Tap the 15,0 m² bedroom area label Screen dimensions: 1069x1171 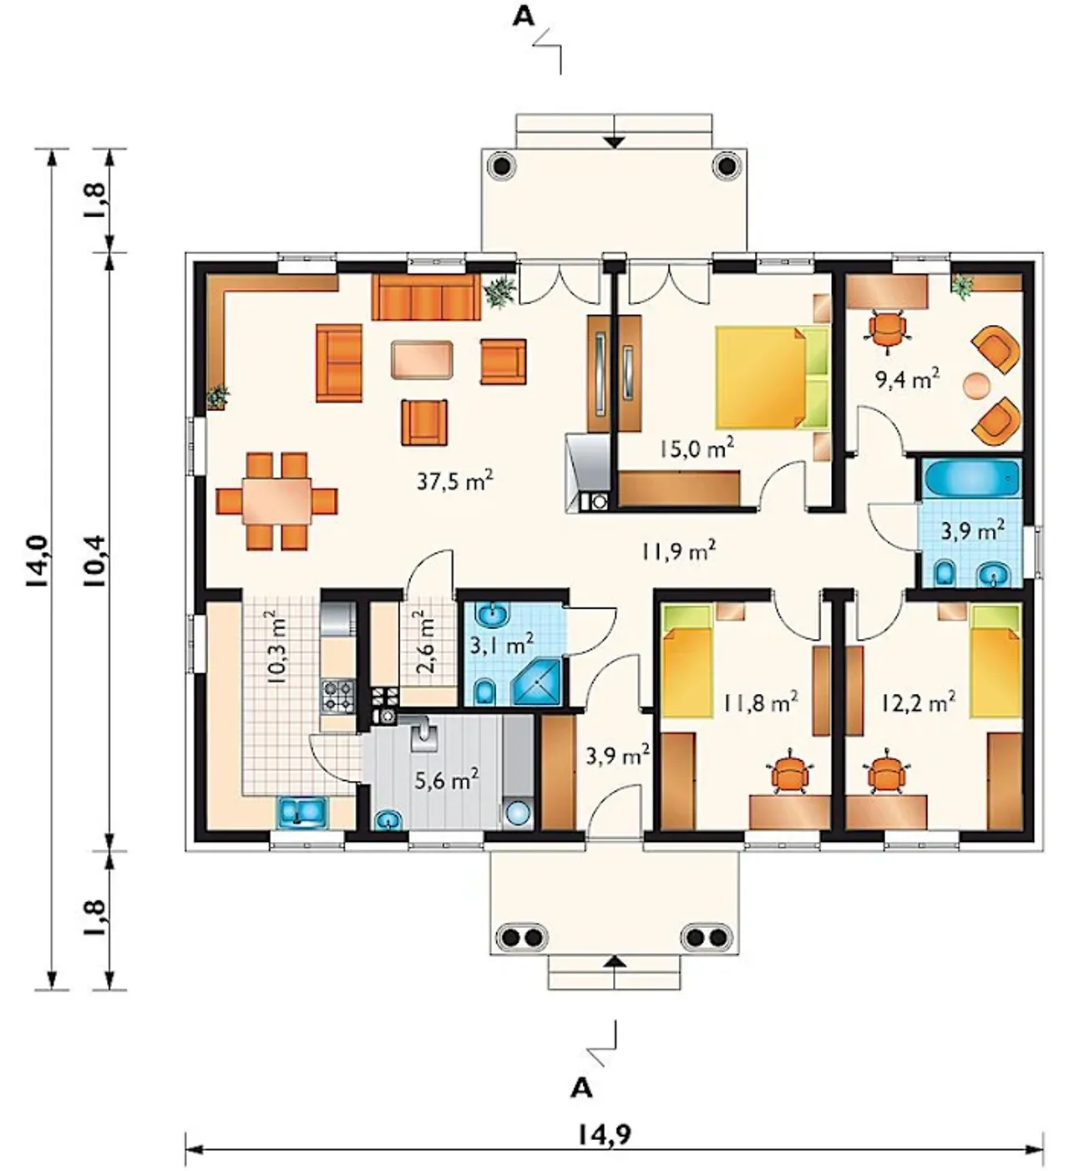[x=697, y=448]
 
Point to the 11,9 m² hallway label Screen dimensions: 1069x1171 [x=679, y=550]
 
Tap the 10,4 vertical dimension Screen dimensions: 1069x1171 [x=97, y=560]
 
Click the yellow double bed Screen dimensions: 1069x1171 [x=772, y=378]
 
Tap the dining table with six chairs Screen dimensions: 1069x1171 [x=276, y=501]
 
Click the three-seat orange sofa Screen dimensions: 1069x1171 [x=426, y=298]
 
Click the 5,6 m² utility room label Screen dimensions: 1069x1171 [x=447, y=779]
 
